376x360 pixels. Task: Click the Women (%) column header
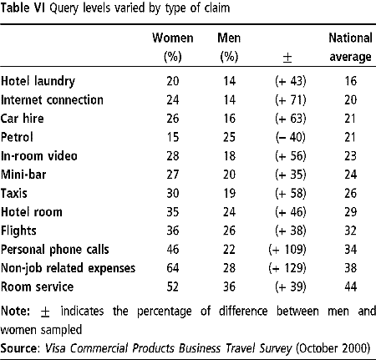pos(173,48)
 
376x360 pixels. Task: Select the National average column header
pos(350,48)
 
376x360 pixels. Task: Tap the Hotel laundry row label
pos(38,81)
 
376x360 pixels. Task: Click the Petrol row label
pos(17,137)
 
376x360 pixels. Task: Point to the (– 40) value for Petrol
pos(291,137)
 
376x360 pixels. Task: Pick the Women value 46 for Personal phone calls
pos(173,250)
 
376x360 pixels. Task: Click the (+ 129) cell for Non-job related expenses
pos(287,268)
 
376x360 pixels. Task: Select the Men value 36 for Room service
pos(229,286)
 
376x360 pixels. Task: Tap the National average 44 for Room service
pos(350,286)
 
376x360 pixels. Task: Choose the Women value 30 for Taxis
pos(173,193)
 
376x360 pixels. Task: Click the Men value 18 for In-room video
pos(229,156)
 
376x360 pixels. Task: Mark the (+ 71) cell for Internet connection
pos(291,100)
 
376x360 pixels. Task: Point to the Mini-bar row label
pos(23,175)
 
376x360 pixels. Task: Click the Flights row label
pos(18,231)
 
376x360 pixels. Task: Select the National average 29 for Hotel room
pos(350,212)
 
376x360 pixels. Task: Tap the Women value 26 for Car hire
pos(173,119)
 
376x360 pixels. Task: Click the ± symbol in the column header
pos(287,58)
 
